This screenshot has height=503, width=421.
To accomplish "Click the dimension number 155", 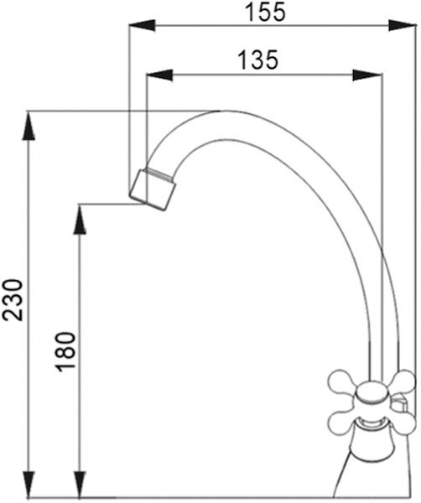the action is tap(265, 13).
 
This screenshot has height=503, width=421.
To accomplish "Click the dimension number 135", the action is tap(258, 60).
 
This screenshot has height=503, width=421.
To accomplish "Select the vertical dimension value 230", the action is tap(13, 299).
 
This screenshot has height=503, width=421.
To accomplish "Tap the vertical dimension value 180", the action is tap(65, 351).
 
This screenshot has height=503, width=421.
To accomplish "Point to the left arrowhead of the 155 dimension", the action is tap(142, 25).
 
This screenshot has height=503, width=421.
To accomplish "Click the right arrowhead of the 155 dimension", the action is tap(403, 25).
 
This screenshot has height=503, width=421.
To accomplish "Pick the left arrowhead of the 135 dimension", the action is tap(159, 75).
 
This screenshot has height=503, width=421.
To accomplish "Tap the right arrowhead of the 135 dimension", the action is tap(367, 75).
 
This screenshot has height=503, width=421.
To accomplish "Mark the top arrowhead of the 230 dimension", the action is tap(29, 126).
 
